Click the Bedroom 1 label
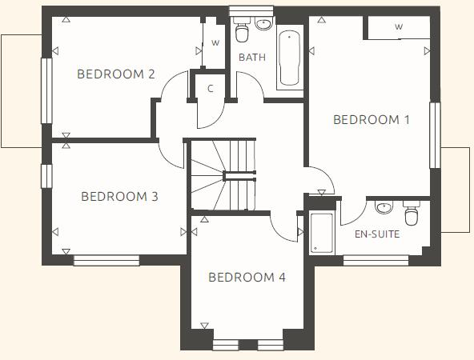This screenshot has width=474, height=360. (x=371, y=120)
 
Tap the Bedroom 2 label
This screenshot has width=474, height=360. (x=115, y=74)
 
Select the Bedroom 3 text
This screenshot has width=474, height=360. (x=119, y=196)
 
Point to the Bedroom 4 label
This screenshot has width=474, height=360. (x=247, y=278)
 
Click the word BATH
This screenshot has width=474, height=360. (x=251, y=58)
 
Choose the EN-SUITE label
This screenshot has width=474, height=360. (x=376, y=235)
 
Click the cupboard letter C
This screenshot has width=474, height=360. (x=211, y=88)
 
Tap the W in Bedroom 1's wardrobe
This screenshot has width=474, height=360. (x=398, y=27)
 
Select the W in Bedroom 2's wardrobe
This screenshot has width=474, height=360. (x=215, y=43)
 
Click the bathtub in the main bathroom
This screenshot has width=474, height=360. (x=289, y=58)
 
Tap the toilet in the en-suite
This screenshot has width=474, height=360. (x=412, y=214)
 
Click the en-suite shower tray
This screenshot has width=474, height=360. (x=322, y=233)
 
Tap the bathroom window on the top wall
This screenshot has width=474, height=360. (x=251, y=10)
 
